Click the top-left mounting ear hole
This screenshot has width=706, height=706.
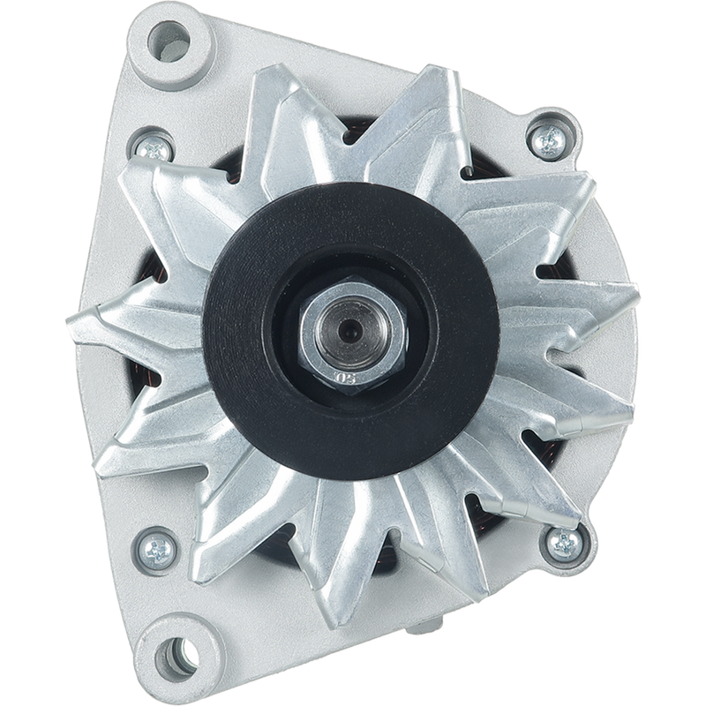click(x=169, y=41)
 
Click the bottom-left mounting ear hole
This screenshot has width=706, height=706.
click(x=177, y=660)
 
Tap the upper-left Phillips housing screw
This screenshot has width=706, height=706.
click(x=154, y=148)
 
